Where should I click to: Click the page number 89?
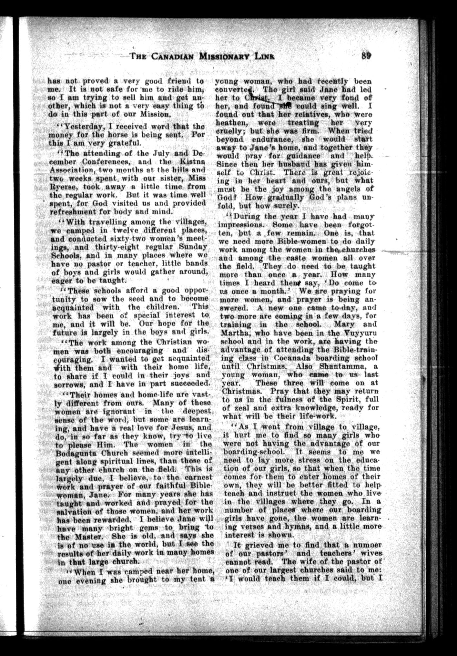coord(366,55)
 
